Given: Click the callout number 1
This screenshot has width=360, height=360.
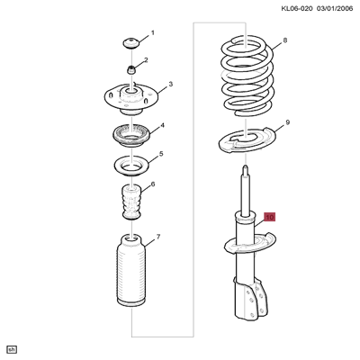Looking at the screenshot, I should click(x=152, y=33).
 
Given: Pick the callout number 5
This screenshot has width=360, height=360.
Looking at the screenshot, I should click(x=160, y=155).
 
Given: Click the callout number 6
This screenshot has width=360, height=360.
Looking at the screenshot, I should click(x=153, y=184).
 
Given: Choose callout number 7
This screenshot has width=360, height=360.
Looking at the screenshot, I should click(x=157, y=238).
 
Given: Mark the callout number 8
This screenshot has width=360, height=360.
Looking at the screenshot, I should click(x=284, y=41).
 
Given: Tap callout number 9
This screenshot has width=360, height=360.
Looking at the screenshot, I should click(x=287, y=121).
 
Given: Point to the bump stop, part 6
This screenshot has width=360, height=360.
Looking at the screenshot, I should click(x=131, y=203).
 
